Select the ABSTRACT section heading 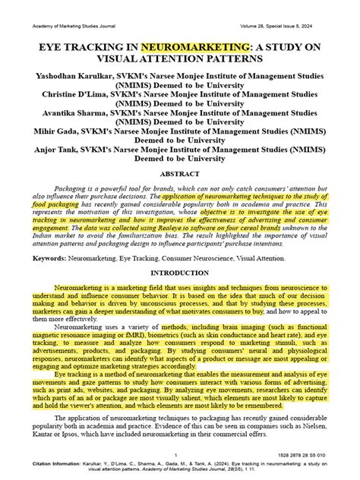coord(180,173)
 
